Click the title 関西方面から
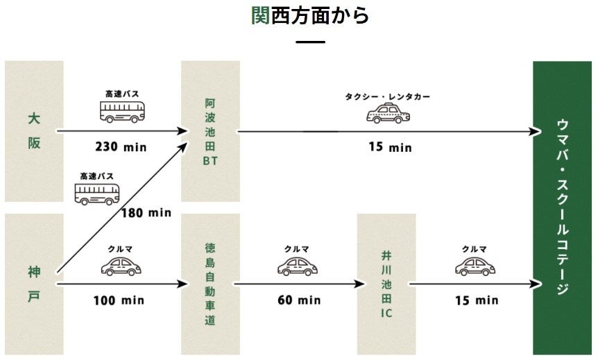(x=310, y=15)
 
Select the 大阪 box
(x=34, y=131)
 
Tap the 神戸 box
(x=34, y=284)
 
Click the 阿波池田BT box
(x=210, y=131)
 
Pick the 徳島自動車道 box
(x=210, y=284)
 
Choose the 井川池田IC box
(x=386, y=284)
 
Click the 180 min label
(x=146, y=212)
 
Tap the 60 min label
(x=300, y=300)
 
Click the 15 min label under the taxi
(x=391, y=147)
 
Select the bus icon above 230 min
(x=123, y=111)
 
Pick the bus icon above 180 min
(x=97, y=193)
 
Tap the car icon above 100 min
(x=121, y=266)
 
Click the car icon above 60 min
(x=298, y=266)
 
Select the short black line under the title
(x=310, y=43)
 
